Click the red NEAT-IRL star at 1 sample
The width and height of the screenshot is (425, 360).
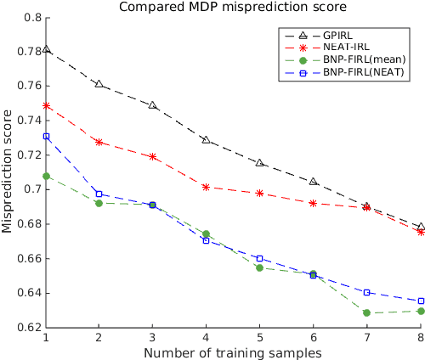click(x=46, y=106)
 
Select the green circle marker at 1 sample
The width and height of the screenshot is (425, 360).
click(x=46, y=176)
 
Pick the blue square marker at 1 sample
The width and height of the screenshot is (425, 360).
click(x=46, y=136)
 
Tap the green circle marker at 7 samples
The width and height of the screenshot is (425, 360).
click(x=366, y=312)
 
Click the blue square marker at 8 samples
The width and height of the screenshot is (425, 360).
click(x=420, y=301)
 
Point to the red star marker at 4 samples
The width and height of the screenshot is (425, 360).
click(x=206, y=187)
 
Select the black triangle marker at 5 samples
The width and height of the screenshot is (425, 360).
click(x=259, y=162)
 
